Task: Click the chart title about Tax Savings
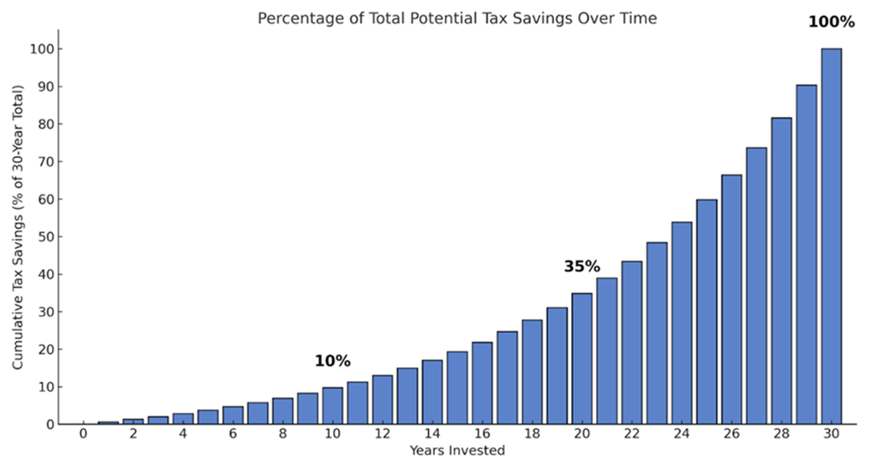pyautogui.click(x=456, y=18)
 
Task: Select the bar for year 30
pyautogui.click(x=831, y=236)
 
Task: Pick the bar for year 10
pyautogui.click(x=332, y=405)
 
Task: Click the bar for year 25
pyautogui.click(x=706, y=312)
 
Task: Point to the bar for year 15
pyautogui.click(x=457, y=387)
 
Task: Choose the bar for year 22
pyautogui.click(x=631, y=343)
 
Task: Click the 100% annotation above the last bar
pyautogui.click(x=831, y=22)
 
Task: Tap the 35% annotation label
pyautogui.click(x=581, y=266)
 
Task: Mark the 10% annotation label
pyautogui.click(x=332, y=361)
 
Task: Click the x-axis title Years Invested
pyautogui.click(x=456, y=451)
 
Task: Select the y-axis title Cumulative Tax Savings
pyautogui.click(x=18, y=227)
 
